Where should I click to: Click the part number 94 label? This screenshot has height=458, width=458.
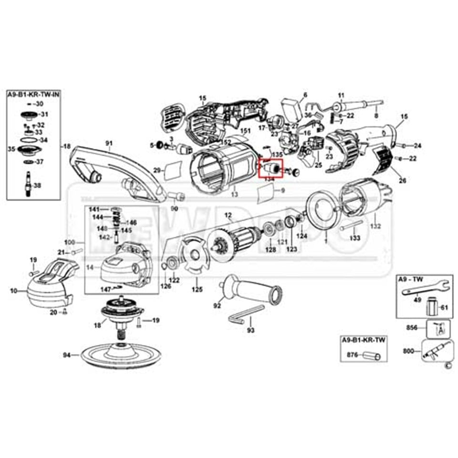tap(67, 355)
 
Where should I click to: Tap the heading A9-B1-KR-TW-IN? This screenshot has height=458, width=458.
tap(32, 95)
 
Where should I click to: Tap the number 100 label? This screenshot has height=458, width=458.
tap(70, 242)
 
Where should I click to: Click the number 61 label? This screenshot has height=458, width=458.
tap(444, 307)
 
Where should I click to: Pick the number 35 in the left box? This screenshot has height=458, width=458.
tap(11, 149)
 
